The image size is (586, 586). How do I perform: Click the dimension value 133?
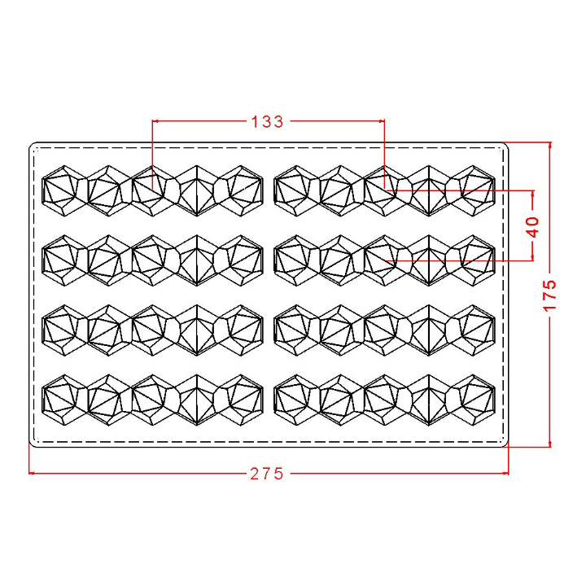point(267,122)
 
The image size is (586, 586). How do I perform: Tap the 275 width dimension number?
point(267,474)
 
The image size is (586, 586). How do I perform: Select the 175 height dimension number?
point(550,295)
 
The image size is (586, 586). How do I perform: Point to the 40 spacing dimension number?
point(533,227)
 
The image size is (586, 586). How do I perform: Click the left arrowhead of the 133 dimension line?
point(155,121)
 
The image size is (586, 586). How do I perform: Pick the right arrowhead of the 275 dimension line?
point(505,473)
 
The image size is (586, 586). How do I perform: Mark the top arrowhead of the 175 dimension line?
point(549,145)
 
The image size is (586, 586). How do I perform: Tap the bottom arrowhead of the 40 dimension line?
point(533,258)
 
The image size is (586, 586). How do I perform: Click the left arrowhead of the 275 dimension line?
point(32,473)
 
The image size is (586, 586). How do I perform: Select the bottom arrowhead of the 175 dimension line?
point(549,444)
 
